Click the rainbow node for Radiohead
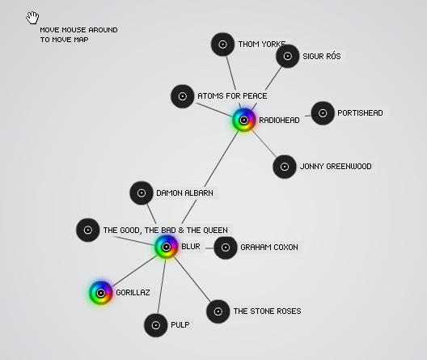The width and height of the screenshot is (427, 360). tap(244, 120)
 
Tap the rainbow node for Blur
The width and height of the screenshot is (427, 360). tap(166, 247)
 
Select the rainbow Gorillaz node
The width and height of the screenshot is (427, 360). tap(101, 293)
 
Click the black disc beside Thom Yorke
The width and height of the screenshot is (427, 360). tap(222, 44)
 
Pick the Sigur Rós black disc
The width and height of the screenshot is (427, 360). tap(288, 56)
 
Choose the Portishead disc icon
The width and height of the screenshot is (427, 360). tap(323, 113)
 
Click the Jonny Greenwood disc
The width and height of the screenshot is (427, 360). tap(285, 167)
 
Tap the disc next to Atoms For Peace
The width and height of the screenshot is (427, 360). tap(183, 96)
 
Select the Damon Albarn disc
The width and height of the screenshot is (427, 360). tap(142, 193)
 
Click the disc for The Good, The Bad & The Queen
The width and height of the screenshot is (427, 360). tap(87, 230)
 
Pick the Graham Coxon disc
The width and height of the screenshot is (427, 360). tap(226, 248)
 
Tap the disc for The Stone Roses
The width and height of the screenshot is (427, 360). tap(218, 311)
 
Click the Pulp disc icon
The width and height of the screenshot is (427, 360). tap(156, 325)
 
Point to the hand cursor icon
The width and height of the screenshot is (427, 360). tap(32, 18)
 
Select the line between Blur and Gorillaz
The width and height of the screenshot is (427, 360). tap(135, 271)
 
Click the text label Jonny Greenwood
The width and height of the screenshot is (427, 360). tap(336, 167)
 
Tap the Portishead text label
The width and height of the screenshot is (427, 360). tap(360, 113)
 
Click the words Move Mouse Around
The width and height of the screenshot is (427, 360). tap(78, 30)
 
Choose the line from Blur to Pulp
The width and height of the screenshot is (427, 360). tap(162, 286)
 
